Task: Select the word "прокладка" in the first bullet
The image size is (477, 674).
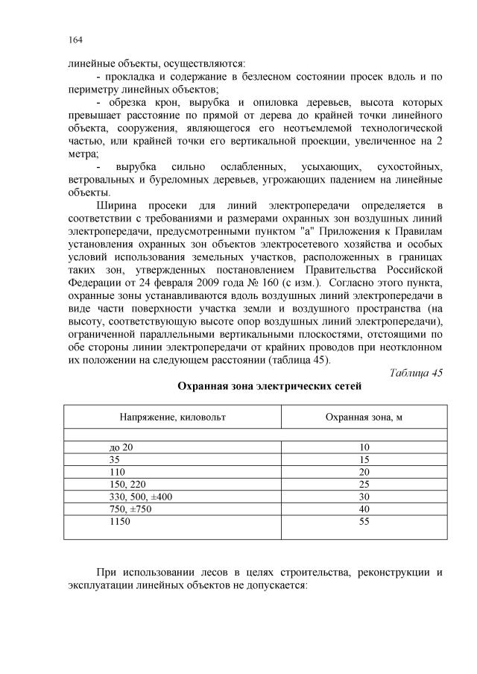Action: coord(135,76)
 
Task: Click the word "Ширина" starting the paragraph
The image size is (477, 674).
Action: coord(116,205)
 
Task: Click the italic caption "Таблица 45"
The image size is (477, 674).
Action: coord(416,373)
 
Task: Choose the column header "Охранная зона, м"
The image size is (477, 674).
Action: coord(364,418)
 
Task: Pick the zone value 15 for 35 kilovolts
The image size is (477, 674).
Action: coord(364,461)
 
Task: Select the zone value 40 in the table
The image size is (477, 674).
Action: coord(364,510)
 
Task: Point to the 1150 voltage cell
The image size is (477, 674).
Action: coord(119,523)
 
